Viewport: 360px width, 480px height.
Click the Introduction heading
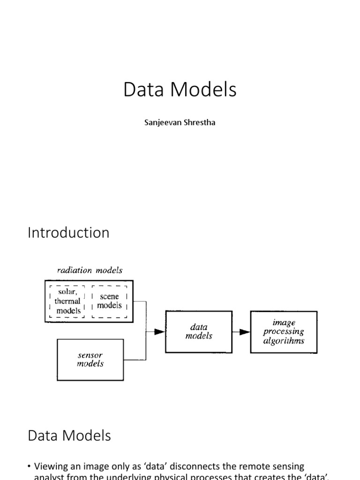[68, 233]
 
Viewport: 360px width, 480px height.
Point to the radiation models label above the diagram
[90, 270]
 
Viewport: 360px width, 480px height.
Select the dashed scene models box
[109, 301]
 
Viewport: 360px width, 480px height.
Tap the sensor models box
[90, 359]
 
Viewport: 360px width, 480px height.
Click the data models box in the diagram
[199, 331]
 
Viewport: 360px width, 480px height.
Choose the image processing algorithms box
[284, 331]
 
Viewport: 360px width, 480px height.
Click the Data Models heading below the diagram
[69, 435]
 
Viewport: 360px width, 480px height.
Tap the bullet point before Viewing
[30, 466]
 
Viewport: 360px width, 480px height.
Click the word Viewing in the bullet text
[52, 466]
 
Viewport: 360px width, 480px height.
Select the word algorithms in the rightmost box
[284, 341]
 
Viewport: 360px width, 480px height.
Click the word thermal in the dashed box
[67, 301]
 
